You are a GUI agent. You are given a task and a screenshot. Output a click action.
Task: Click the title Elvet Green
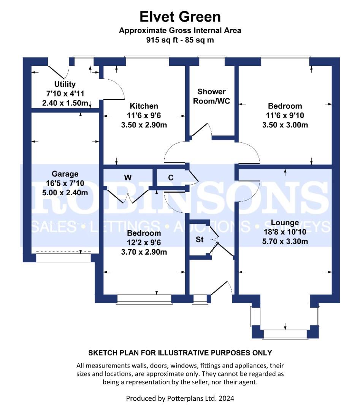click(180, 17)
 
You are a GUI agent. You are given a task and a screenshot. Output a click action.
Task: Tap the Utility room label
click(65, 84)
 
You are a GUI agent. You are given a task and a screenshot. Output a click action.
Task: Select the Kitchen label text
click(144, 106)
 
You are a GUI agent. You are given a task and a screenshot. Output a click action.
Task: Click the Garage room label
click(65, 174)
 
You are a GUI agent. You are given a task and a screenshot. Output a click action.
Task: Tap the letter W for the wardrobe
click(128, 177)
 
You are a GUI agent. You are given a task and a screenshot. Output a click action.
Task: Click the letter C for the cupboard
click(171, 177)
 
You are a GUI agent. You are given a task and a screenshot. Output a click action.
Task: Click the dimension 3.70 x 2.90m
click(144, 252)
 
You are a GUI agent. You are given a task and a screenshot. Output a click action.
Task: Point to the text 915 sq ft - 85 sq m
click(180, 40)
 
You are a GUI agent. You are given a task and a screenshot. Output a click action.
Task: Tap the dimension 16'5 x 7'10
click(65, 183)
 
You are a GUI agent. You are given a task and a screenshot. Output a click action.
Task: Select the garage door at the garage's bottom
click(64, 258)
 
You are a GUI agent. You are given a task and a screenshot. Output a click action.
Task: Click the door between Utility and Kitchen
click(113, 87)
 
